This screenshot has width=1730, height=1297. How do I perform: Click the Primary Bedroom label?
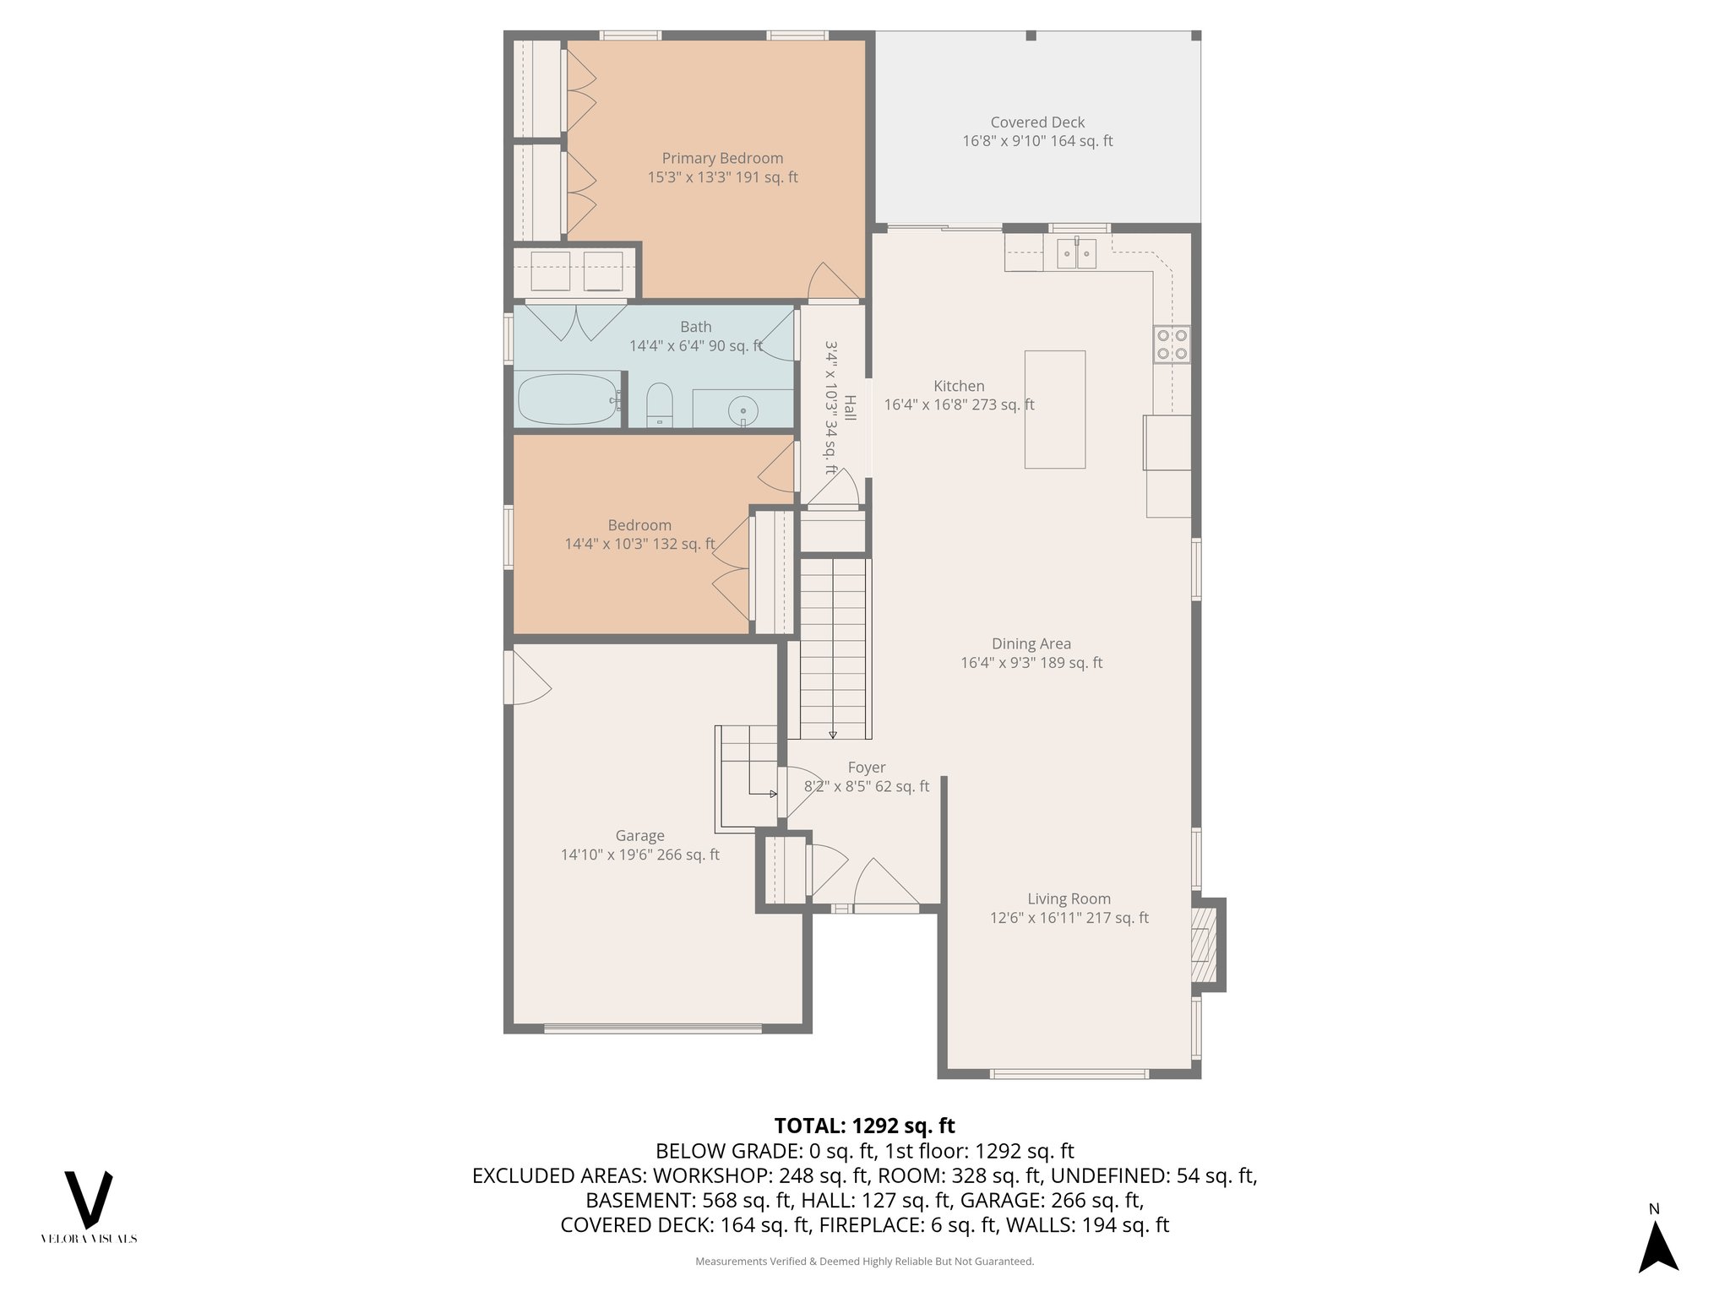722,159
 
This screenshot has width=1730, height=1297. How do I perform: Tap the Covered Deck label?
1037,122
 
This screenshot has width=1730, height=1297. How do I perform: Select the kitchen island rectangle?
1054,410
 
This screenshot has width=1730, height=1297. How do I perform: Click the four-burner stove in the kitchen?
1172,345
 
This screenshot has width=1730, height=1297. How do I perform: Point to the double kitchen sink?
1076,252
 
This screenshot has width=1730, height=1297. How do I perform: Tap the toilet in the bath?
659,404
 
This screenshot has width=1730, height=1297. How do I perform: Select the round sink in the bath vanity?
743,411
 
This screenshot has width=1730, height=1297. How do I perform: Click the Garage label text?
639,836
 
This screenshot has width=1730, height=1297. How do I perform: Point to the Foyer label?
867,768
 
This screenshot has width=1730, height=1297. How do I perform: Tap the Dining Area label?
1031,644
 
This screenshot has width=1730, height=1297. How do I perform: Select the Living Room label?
1069,899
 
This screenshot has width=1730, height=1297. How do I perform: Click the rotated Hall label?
850,409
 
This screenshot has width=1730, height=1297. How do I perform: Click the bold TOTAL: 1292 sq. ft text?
864,1126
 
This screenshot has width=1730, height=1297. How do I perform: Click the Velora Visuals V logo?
89,1200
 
